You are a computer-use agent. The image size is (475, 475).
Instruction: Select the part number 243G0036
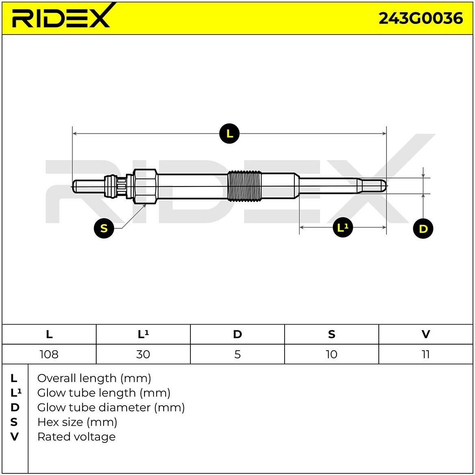(x=421, y=18)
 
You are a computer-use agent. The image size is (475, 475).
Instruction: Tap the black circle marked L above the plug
(x=229, y=134)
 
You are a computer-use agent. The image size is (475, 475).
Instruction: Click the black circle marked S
(x=104, y=228)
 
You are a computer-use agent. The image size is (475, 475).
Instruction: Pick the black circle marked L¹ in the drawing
(x=343, y=228)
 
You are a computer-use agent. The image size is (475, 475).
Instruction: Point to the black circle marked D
(x=423, y=228)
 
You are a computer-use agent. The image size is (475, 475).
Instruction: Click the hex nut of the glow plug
(x=145, y=186)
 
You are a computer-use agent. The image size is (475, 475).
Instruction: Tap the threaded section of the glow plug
(x=244, y=186)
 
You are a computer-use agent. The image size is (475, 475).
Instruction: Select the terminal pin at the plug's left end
(x=88, y=186)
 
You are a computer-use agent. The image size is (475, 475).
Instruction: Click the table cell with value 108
(x=49, y=354)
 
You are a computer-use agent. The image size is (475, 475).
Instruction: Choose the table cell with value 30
(x=143, y=354)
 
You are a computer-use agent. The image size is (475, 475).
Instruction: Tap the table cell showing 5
(x=237, y=354)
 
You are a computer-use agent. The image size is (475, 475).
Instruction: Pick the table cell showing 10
(x=332, y=354)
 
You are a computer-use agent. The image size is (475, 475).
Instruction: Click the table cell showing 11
(x=425, y=354)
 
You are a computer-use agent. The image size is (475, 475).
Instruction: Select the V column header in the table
(x=425, y=334)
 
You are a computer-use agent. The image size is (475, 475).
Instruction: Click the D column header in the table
(x=237, y=334)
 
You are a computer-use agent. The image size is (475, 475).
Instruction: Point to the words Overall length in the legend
(x=77, y=379)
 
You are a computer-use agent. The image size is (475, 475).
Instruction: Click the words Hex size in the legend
(x=60, y=422)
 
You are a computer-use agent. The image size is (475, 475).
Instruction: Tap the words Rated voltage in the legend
(x=76, y=437)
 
